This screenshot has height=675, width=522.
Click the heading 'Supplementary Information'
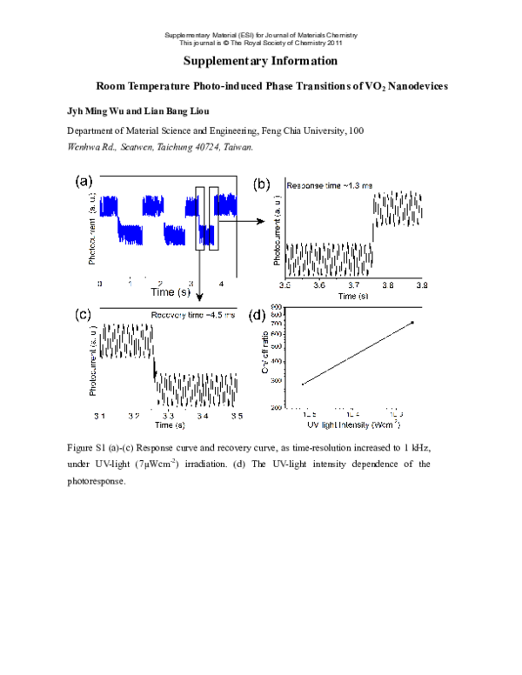point(260,61)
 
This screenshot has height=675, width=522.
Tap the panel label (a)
point(85,181)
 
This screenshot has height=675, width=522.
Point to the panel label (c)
point(85,314)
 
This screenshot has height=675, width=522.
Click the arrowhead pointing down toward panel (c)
point(201,298)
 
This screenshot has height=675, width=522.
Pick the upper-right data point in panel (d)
point(412,323)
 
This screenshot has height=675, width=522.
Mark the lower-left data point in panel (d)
point(303,384)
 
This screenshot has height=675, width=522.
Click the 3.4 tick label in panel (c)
point(203,417)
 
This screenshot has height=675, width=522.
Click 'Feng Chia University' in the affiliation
point(297,130)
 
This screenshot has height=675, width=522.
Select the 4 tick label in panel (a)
point(220,284)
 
